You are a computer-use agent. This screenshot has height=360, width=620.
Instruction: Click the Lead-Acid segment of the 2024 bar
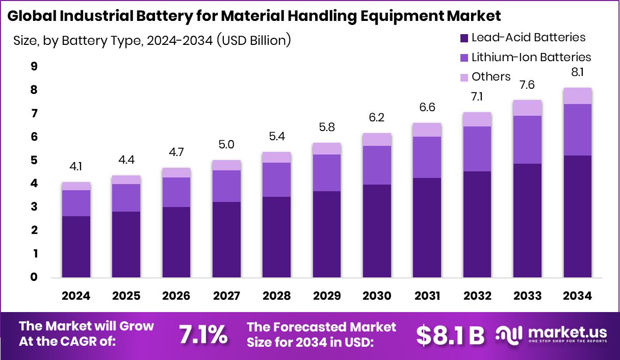76,247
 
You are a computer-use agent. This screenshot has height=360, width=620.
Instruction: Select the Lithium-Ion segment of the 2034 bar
578,130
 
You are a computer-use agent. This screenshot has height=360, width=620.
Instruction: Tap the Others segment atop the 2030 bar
377,139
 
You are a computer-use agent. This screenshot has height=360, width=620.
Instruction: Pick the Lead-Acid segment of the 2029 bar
327,234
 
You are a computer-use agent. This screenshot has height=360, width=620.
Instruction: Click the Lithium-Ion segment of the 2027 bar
226,186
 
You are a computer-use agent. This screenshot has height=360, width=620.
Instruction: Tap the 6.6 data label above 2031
427,108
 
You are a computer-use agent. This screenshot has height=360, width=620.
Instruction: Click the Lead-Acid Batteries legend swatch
464,38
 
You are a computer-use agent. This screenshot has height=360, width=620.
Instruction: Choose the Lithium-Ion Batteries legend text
531,57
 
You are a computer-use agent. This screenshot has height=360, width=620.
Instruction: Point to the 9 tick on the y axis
34,67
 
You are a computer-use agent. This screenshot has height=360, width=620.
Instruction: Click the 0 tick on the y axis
34,277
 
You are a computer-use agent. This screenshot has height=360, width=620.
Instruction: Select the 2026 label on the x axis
176,296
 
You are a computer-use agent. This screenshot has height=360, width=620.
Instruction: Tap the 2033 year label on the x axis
527,296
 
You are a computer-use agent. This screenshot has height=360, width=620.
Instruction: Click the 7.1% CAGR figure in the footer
203,335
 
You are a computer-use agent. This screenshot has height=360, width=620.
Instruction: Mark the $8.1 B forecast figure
450,335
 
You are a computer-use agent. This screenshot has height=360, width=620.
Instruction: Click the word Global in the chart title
31,16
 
